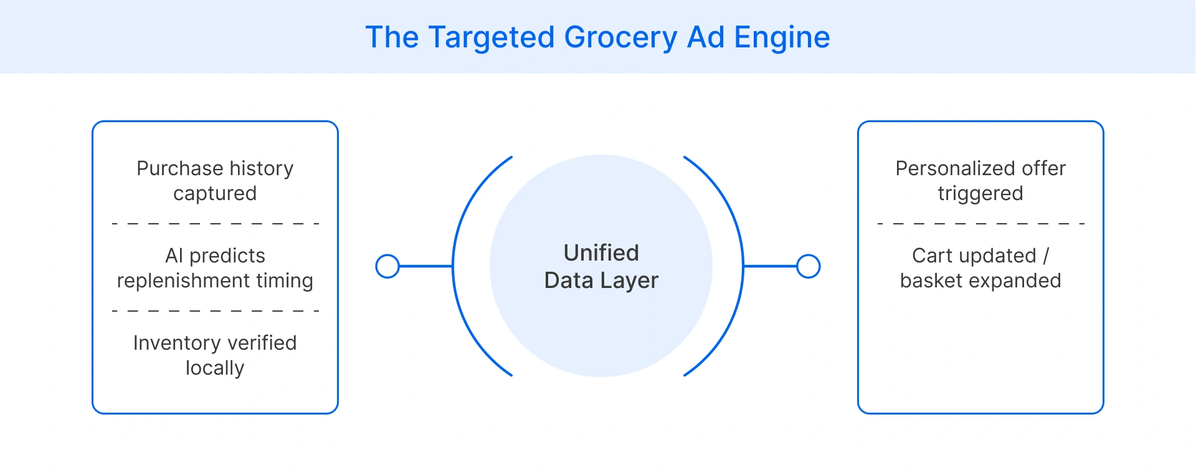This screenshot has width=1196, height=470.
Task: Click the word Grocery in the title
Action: pos(620,37)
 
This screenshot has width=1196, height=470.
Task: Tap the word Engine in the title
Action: pos(782,37)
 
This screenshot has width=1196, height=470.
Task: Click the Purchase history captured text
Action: pos(215,181)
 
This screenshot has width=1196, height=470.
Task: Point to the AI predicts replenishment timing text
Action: pos(215,268)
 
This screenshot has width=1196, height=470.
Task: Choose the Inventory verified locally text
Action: pos(215,355)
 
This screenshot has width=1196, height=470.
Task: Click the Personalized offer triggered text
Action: pos(980,181)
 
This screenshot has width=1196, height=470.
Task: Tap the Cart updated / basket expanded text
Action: pos(980,268)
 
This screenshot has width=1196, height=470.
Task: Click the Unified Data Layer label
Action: pos(601,267)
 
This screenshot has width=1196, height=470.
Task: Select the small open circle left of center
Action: pos(387,266)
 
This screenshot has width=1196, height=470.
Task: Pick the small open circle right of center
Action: pos(809,266)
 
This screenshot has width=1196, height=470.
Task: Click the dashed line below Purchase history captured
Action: pos(215,223)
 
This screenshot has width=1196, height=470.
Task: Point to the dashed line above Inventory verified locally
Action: pos(215,310)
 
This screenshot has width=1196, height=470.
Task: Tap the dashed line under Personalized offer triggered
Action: pos(980,223)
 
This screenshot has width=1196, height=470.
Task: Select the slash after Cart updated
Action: pos(1046,256)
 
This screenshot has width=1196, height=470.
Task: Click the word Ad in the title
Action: pos(705,37)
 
